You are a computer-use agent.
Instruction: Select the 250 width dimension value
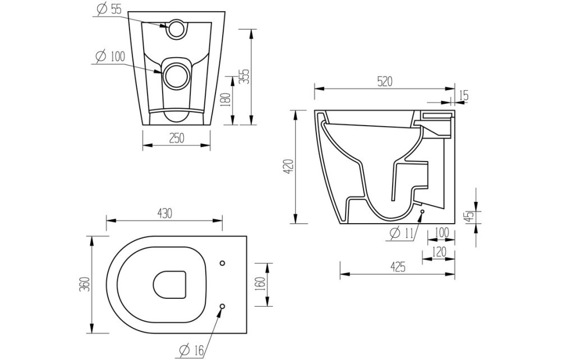(x=176, y=137)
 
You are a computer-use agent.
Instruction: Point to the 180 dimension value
(x=224, y=100)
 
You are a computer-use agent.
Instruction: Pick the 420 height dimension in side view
(x=287, y=166)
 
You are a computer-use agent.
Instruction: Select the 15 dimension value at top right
(x=463, y=95)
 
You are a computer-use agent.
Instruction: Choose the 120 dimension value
(x=440, y=252)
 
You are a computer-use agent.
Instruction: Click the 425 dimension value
(x=397, y=267)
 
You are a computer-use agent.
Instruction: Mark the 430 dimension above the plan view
(x=164, y=213)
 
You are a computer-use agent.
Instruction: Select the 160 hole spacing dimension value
(x=259, y=284)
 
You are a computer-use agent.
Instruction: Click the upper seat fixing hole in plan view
(x=223, y=263)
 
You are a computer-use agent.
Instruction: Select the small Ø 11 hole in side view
(x=421, y=212)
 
